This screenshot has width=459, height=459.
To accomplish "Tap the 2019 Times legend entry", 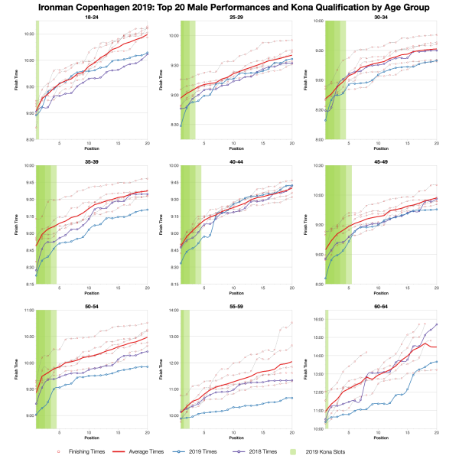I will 236,451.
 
